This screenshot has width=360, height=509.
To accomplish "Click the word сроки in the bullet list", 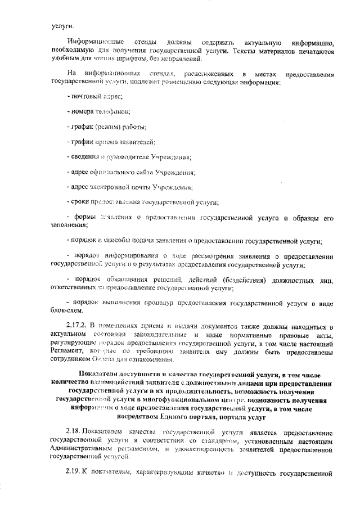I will pos(78,202).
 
